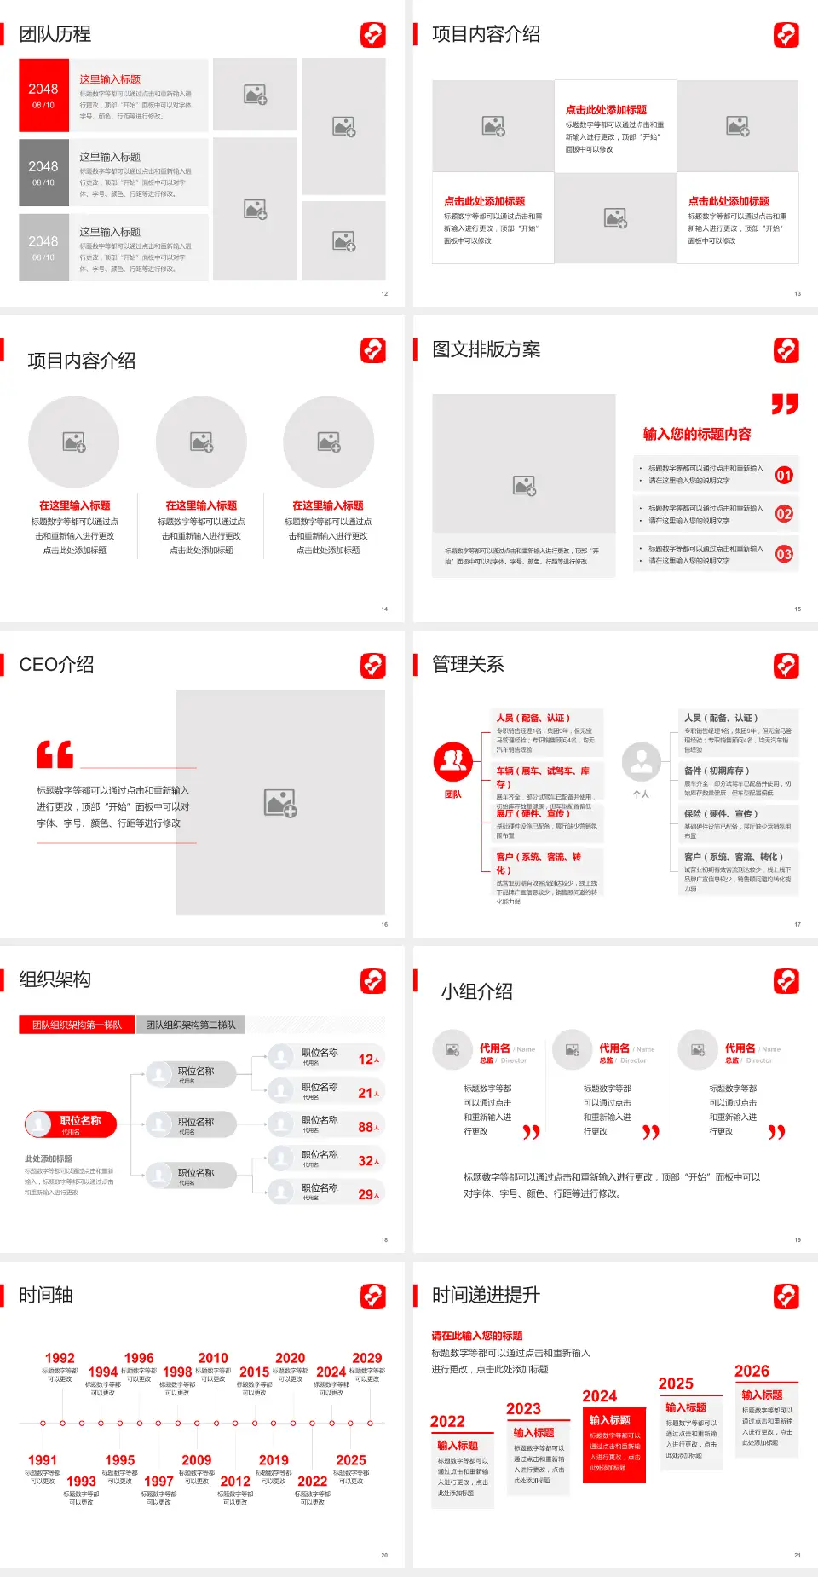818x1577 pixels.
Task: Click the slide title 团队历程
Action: tap(55, 34)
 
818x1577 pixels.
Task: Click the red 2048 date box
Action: tap(43, 95)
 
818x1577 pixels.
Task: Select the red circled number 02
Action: tap(783, 514)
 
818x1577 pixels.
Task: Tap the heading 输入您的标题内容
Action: tap(696, 434)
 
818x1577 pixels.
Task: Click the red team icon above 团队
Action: tap(452, 761)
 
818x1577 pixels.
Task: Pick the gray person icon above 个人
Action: tap(641, 761)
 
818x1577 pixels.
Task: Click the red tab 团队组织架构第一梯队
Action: tap(77, 1025)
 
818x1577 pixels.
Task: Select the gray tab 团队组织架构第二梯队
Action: tap(190, 1025)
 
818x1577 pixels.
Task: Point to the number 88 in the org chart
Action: tap(366, 1127)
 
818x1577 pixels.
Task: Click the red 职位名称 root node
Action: tap(71, 1124)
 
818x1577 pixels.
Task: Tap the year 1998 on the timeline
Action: tap(176, 1372)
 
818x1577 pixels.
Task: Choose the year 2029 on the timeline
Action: tap(366, 1358)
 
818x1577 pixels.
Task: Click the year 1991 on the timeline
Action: tap(43, 1460)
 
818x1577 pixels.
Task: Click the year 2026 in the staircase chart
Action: tap(752, 1371)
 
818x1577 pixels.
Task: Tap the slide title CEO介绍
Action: tap(56, 665)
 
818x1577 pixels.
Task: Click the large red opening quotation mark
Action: tap(55, 754)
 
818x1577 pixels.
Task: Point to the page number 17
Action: tap(798, 924)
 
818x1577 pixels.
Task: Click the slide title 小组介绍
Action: tap(476, 991)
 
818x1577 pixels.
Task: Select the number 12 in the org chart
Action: tap(366, 1059)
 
